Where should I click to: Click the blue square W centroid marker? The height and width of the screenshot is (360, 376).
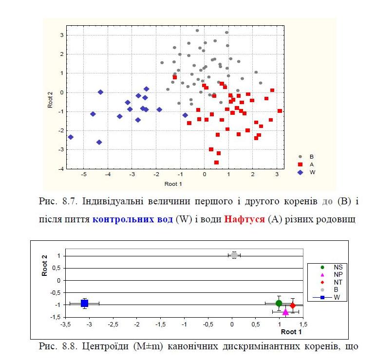coord(84,303)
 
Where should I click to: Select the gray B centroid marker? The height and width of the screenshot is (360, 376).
coord(234,255)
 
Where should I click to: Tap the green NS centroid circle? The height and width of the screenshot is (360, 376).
coord(279,303)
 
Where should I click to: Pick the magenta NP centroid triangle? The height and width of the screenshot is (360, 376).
coord(285,311)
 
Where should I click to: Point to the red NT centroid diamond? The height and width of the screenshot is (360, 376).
coord(293,306)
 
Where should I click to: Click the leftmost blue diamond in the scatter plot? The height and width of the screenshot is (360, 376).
coord(71,137)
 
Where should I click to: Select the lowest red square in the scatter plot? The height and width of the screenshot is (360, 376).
coord(216,162)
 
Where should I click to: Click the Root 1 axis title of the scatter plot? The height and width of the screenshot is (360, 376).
coord(173,184)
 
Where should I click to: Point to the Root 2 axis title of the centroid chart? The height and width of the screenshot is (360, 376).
coord(44,266)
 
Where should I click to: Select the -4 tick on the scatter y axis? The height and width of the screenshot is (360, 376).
coord(62,169)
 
